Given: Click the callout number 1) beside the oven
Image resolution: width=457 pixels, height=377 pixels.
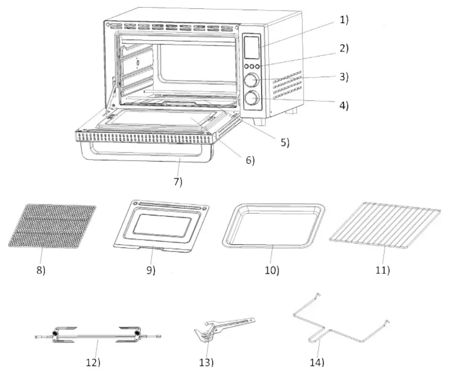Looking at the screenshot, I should [x=344, y=20].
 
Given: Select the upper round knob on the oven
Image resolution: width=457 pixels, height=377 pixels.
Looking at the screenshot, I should [x=251, y=80].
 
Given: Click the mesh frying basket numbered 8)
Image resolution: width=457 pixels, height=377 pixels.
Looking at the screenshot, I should [x=52, y=225].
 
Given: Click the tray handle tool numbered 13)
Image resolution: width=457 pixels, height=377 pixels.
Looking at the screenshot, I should [x=221, y=330].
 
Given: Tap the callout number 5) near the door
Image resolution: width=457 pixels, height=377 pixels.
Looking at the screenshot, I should [x=285, y=142].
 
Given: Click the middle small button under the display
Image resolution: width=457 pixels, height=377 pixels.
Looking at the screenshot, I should [x=251, y=66].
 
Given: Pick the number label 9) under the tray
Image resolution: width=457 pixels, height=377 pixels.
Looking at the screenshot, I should [x=150, y=270].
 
